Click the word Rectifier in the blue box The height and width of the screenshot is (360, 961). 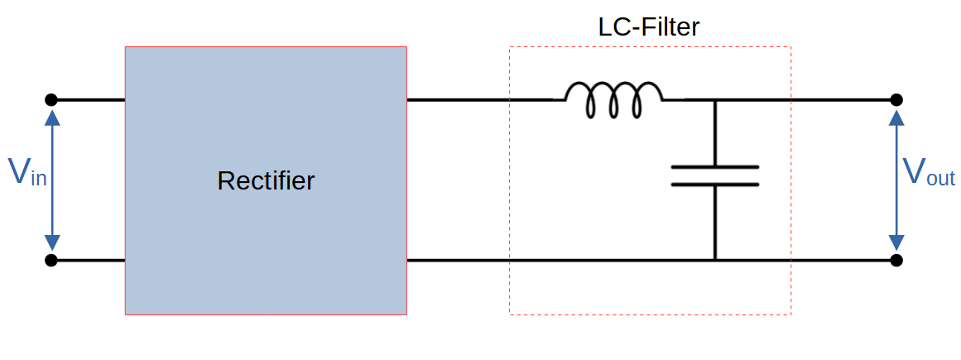[266, 180]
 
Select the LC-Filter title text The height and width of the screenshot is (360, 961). [649, 27]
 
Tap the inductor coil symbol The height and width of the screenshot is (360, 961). [613, 99]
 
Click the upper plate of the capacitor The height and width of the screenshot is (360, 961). [714, 166]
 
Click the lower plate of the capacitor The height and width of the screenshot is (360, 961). [714, 183]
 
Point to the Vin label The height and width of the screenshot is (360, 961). [27, 171]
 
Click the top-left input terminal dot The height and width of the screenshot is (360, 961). [51, 100]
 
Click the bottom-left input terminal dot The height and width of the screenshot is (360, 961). [51, 261]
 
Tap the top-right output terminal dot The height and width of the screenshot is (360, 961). [896, 100]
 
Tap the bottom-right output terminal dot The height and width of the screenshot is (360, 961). [896, 261]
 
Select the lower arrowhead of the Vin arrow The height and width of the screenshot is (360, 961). [52, 242]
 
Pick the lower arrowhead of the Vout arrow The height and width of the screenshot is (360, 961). [896, 242]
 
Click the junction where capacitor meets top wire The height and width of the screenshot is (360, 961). [715, 100]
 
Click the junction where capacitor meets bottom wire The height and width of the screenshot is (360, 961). [715, 261]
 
